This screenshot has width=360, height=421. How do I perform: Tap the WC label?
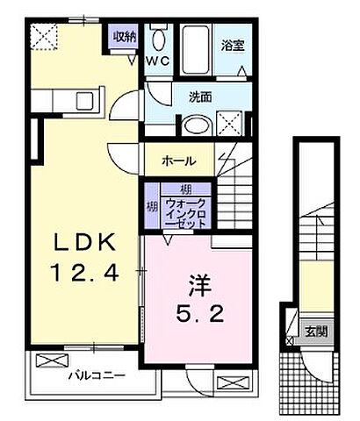click(x=157, y=61)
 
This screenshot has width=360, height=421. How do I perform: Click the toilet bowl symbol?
click(x=159, y=39)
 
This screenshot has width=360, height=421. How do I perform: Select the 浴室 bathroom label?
click(x=232, y=42)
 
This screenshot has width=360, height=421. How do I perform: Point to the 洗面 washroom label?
click(x=201, y=98)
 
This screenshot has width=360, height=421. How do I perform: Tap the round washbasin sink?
click(x=196, y=125)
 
